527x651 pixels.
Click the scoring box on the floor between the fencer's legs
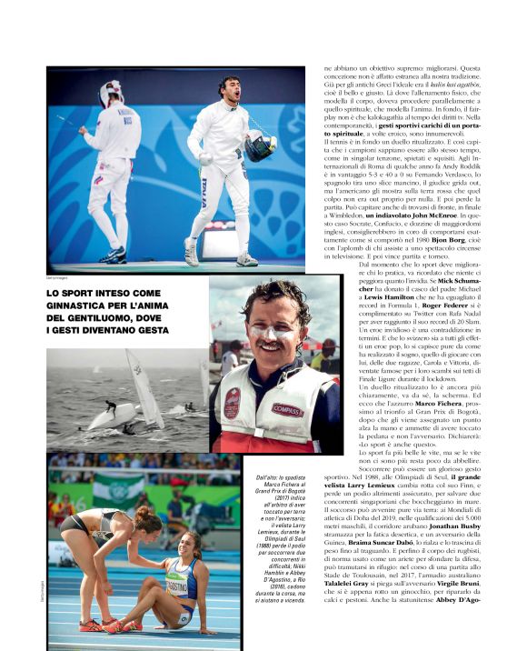(221, 242)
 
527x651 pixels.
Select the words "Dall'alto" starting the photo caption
(259, 478)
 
